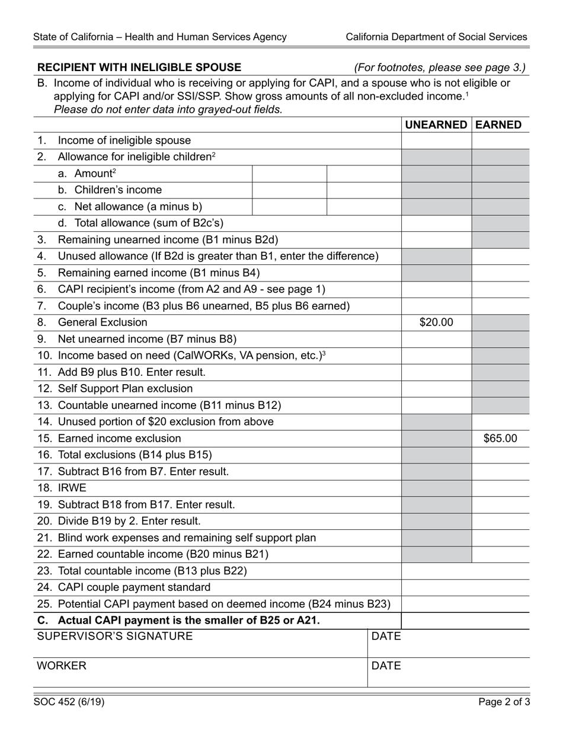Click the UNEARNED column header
[x=436, y=124]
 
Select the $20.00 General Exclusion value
[x=436, y=322]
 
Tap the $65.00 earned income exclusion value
[x=500, y=439]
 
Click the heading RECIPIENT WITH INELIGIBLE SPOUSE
[x=139, y=68]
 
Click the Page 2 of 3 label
[x=504, y=702]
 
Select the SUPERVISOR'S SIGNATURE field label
[x=115, y=637]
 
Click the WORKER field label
[x=62, y=666]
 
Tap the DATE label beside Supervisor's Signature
[x=386, y=637]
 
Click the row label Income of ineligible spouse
[x=124, y=140]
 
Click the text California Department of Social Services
[x=436, y=37]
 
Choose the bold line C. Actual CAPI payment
[x=178, y=621]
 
